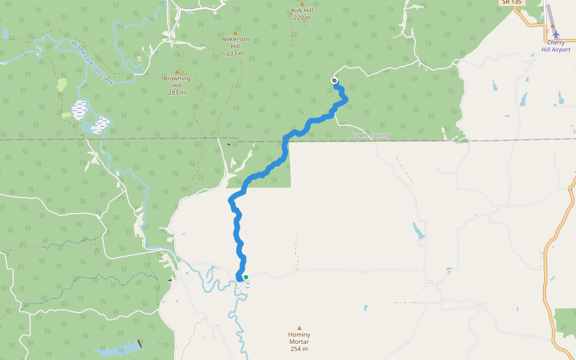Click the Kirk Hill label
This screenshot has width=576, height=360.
(x=302, y=11)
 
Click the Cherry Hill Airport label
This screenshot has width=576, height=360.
(x=556, y=46)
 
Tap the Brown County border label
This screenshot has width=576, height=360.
(x=369, y=135)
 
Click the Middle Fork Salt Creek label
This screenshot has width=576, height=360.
(x=91, y=62)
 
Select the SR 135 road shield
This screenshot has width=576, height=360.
(x=512, y=2)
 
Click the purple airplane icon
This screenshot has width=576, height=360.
(x=556, y=34)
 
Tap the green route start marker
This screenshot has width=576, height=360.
(x=246, y=277)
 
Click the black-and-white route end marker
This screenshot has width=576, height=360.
(x=334, y=81)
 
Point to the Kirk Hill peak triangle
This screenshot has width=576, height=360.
(x=302, y=4)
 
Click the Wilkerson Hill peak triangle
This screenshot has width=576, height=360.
(x=235, y=32)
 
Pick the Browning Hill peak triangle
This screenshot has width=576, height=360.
(x=176, y=71)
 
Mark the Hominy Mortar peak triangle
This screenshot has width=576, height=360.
(x=299, y=328)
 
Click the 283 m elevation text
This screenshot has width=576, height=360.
(x=176, y=92)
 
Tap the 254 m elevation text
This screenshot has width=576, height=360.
(x=299, y=349)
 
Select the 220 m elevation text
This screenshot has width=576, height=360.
(x=302, y=18)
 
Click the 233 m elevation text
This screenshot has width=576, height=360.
(x=235, y=53)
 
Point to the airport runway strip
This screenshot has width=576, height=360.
(x=550, y=14)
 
